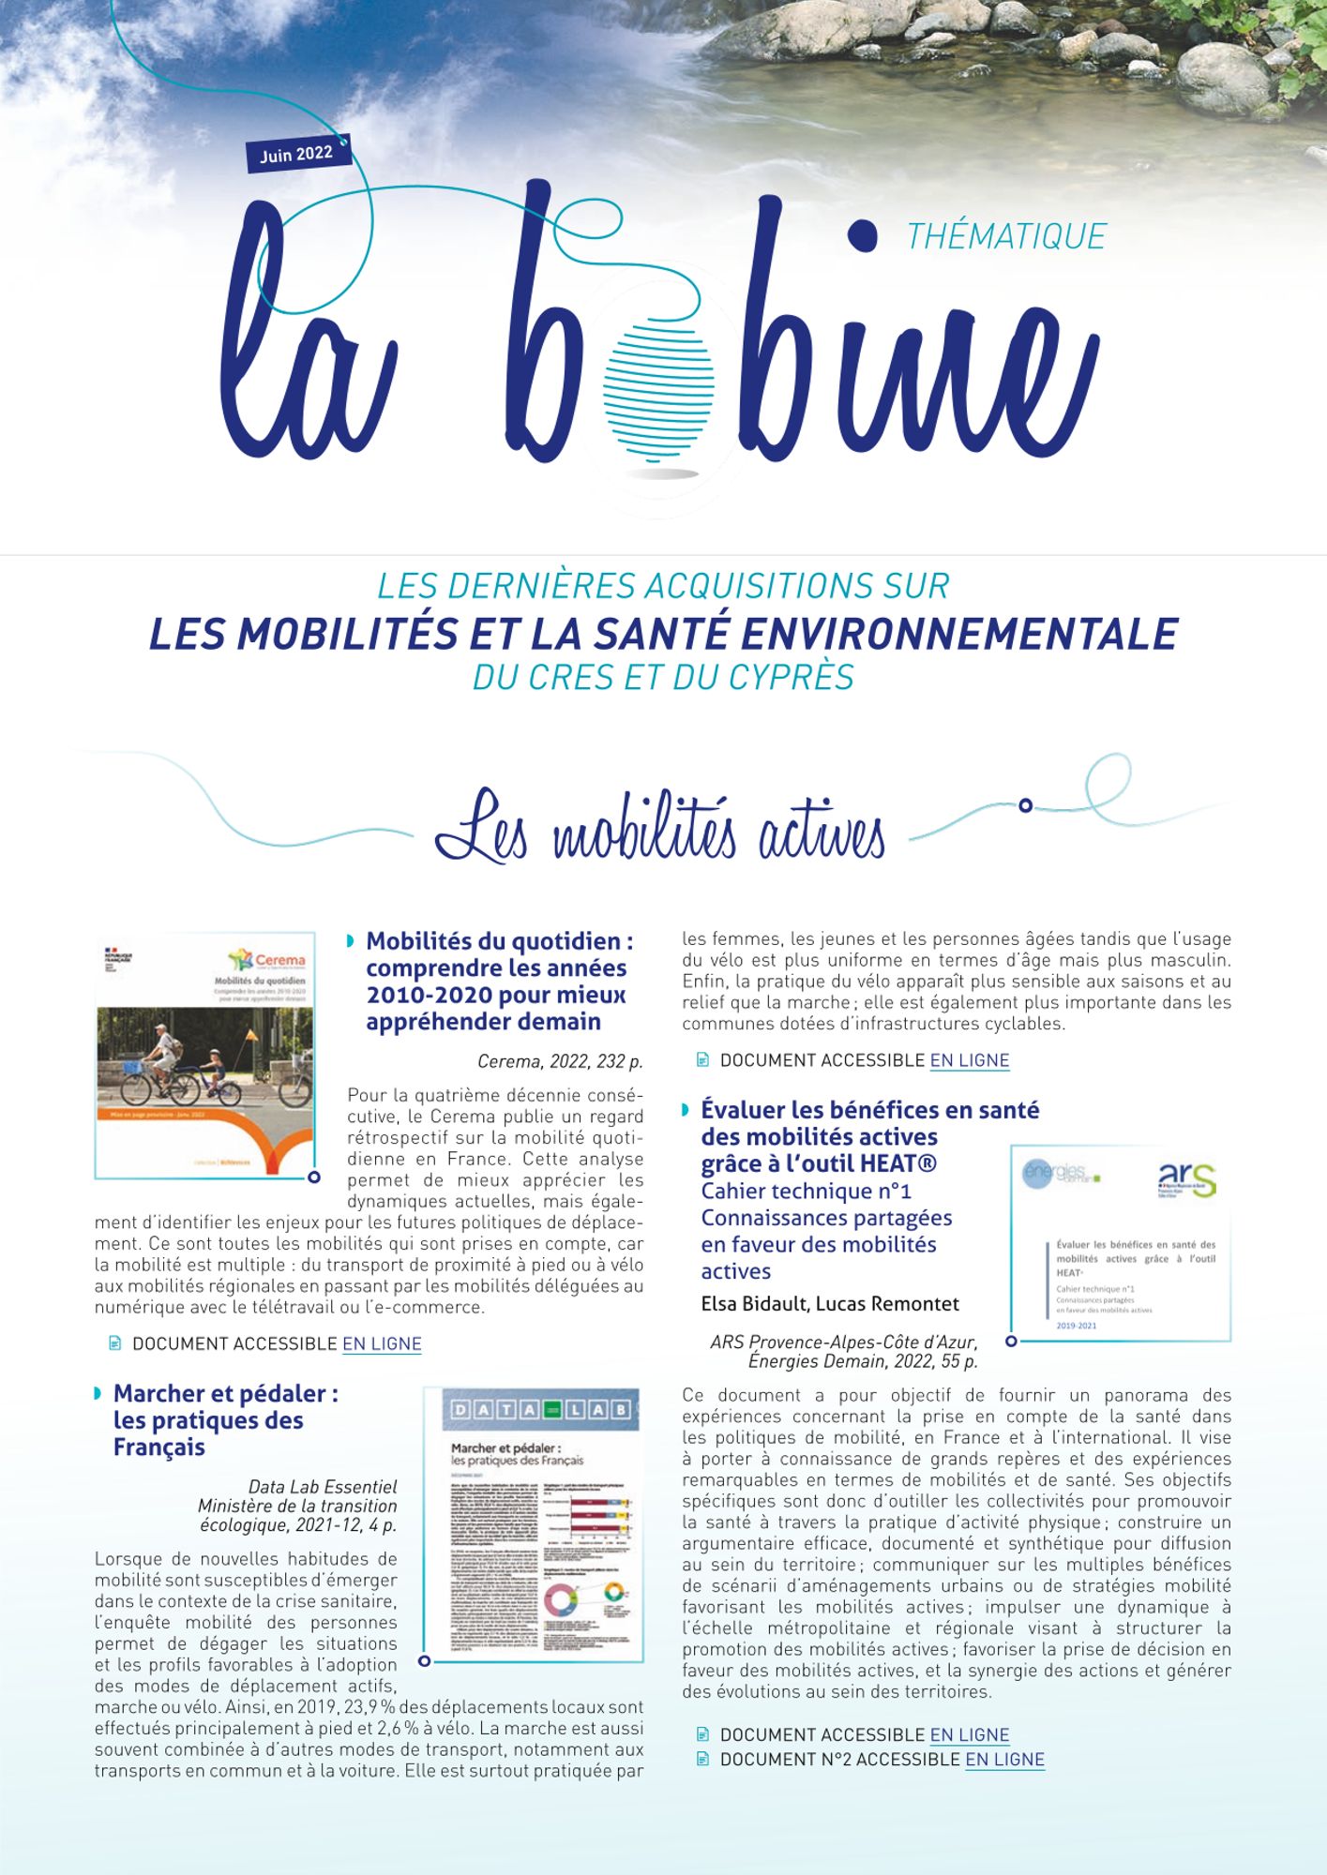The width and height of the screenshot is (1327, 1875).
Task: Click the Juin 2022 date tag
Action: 297,154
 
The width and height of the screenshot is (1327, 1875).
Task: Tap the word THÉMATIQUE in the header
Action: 1006,236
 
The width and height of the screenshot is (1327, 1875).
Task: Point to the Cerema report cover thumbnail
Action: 205,1055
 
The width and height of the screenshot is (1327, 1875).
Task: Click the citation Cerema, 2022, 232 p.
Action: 560,1062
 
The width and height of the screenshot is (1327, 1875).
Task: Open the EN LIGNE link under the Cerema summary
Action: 382,1343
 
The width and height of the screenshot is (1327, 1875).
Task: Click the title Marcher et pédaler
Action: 225,1419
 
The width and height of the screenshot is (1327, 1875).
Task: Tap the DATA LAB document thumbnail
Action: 533,1523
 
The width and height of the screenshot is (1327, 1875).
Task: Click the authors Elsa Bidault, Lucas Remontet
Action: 830,1304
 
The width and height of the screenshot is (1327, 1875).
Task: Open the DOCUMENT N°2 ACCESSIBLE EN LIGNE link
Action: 1004,1760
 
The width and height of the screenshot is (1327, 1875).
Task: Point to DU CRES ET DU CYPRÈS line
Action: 663,677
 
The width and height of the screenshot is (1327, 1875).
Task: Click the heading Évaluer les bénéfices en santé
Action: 869,1110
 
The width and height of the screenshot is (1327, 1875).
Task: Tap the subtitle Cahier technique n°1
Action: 806,1191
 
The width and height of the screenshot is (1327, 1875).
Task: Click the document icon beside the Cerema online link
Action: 115,1343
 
